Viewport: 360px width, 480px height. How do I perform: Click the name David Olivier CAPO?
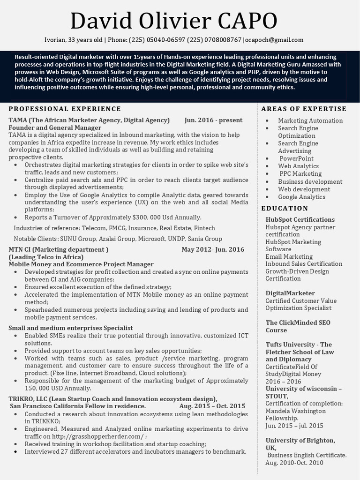tap(173, 21)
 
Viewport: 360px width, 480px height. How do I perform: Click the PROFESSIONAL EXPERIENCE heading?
tap(65, 109)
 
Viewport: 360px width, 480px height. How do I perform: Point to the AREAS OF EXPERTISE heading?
tap(304, 109)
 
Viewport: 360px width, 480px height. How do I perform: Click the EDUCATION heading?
tap(285, 208)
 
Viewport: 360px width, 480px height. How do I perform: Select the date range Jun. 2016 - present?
tap(213, 120)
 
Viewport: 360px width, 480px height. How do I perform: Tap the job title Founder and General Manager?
tap(55, 127)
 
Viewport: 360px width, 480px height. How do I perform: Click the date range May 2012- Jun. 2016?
tap(213, 249)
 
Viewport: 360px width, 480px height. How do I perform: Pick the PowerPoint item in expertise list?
tap(296, 158)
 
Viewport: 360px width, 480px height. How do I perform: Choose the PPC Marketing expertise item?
tap(300, 173)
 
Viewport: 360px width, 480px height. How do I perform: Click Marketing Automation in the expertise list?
tap(310, 120)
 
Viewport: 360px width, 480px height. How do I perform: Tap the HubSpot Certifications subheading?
tap(300, 219)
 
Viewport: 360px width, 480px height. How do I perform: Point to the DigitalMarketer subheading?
tap(290, 293)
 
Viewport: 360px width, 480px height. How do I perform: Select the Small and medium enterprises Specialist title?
tap(71, 328)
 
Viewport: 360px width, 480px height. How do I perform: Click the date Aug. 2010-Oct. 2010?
tap(294, 463)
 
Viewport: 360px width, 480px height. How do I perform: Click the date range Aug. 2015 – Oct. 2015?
tap(212, 406)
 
